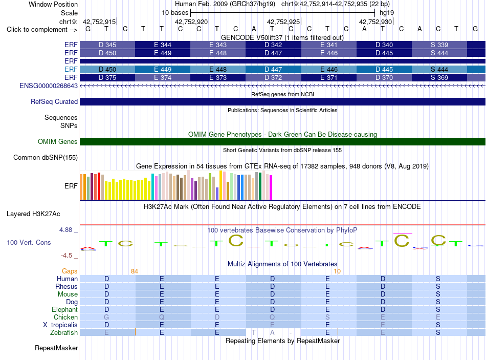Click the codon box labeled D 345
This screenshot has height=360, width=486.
(x=107, y=45)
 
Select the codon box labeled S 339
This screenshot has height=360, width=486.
(x=439, y=45)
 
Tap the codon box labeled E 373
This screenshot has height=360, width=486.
(x=218, y=78)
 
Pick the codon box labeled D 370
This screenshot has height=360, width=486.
(x=384, y=78)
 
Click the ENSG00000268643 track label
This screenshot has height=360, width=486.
(x=49, y=86)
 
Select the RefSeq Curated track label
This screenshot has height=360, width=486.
(x=54, y=101)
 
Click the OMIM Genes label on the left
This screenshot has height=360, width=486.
(x=58, y=141)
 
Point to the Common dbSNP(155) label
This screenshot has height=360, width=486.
(x=46, y=157)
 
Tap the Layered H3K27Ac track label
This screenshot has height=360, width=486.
(x=33, y=214)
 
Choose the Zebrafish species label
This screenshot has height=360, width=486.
(x=64, y=333)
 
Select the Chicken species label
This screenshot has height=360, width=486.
(x=65, y=317)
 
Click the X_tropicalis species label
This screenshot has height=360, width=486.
(x=60, y=325)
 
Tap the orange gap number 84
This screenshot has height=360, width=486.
(x=135, y=271)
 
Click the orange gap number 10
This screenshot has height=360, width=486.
(x=337, y=271)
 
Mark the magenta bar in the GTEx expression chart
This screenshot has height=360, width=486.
(x=271, y=187)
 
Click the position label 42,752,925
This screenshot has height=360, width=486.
(x=283, y=22)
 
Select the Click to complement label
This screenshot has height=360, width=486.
(x=42, y=30)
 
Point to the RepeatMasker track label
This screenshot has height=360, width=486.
(x=56, y=348)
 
